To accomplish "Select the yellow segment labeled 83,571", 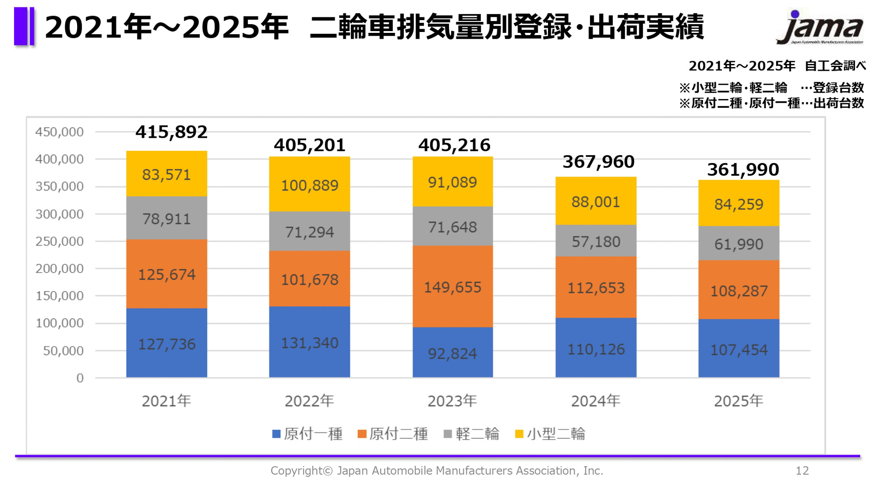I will click(167, 174).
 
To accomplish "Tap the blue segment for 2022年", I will click(309, 342).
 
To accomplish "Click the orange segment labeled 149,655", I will click(453, 287).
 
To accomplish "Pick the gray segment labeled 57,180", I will click(596, 241).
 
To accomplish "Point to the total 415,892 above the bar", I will click(171, 132).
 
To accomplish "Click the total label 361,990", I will click(743, 169).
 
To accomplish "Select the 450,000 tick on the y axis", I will click(59, 132).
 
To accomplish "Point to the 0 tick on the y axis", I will click(80, 378).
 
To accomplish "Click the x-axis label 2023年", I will click(452, 401).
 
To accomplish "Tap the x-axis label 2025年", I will click(738, 401).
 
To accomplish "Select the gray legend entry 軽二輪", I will click(471, 434).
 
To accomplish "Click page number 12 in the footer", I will click(802, 471).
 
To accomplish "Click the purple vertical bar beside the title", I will click(24, 26).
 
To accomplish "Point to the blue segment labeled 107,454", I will click(739, 349).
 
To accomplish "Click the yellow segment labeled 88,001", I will click(596, 201).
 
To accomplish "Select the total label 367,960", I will click(598, 162).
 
